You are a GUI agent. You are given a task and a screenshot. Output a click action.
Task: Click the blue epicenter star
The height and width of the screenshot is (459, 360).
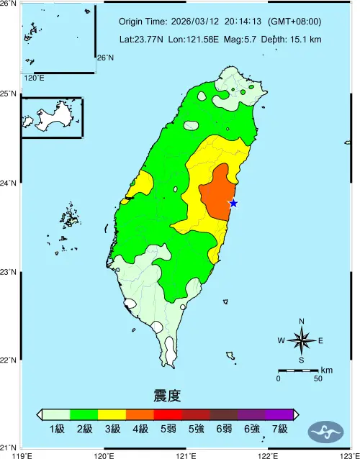233,204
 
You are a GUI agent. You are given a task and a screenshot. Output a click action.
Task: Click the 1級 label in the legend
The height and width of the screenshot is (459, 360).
57,430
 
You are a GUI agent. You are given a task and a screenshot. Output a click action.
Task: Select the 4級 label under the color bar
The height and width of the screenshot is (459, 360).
140,430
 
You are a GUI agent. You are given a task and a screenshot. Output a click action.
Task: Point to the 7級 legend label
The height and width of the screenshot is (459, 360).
279,430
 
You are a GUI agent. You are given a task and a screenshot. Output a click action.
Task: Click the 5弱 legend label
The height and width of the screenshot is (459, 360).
168,430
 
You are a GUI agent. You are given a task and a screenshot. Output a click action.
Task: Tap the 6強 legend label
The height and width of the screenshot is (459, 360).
251,430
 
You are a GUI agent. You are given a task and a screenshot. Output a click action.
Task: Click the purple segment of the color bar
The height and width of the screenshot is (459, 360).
279,414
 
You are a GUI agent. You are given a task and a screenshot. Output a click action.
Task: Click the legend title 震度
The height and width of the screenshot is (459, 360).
167,396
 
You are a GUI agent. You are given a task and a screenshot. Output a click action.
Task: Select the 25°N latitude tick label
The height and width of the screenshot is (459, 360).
9,94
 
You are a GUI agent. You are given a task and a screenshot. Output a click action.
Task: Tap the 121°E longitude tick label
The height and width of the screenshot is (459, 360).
186,455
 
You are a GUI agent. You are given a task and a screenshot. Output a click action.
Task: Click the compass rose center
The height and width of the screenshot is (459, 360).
302,340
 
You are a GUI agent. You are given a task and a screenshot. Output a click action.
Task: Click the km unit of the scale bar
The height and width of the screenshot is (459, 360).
326,370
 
